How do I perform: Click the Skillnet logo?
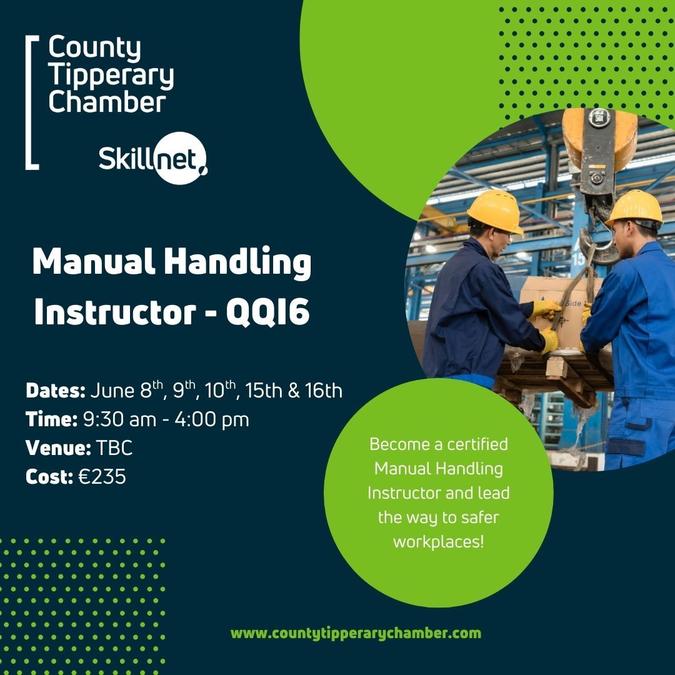tap(153, 160)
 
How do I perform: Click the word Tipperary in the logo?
tap(111, 76)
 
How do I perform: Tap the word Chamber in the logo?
tap(107, 102)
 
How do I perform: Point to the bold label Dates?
tap(56, 391)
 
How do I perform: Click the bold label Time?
tap(52, 419)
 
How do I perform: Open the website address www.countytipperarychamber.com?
tap(356, 633)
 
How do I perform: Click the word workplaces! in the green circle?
tap(438, 541)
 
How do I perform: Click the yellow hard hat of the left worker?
tap(494, 211)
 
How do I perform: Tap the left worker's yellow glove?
tap(546, 309)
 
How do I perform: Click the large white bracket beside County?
tap(30, 103)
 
